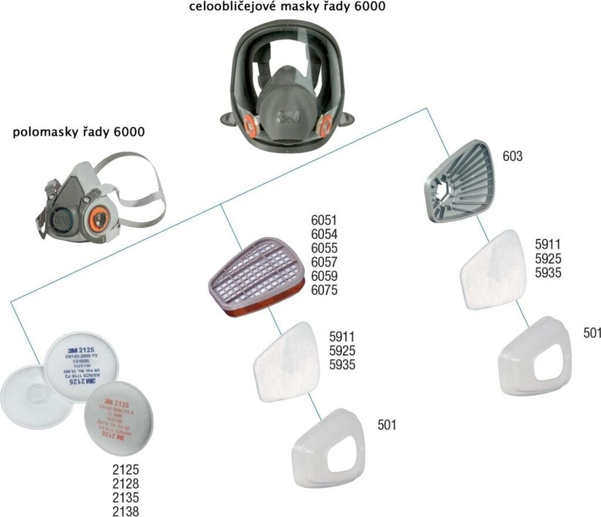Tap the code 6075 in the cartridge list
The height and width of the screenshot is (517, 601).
point(325,290)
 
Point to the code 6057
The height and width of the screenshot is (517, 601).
point(325,262)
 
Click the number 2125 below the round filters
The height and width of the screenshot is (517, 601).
point(126,471)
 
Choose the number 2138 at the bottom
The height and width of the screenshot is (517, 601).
point(126,512)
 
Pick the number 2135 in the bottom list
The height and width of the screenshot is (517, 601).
point(126,498)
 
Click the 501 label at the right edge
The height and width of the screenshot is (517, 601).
point(592,333)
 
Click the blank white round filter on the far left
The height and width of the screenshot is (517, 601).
point(26,399)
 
